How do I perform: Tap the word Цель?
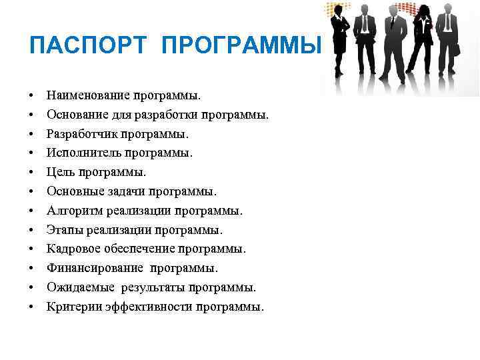[61, 173]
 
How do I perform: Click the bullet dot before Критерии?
[33, 307]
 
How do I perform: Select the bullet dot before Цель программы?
[33, 173]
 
